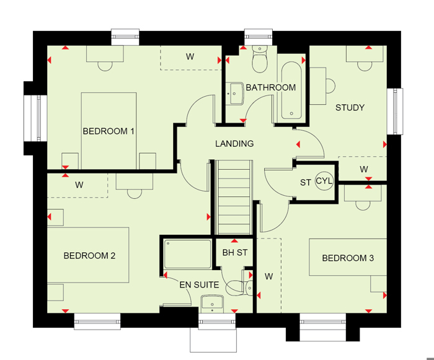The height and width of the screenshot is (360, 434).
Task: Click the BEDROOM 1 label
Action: [108, 131]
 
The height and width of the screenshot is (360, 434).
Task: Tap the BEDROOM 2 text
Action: [89, 256]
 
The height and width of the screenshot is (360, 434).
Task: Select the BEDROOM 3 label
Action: [348, 258]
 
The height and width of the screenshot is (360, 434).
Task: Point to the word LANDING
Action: [234, 144]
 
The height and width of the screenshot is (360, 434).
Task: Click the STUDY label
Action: [350, 107]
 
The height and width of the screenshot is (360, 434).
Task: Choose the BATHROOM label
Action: [271, 87]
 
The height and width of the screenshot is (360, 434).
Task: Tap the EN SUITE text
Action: [199, 285]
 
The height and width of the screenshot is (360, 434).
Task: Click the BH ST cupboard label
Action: [235, 252]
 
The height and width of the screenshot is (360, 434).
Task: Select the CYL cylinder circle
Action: [324, 182]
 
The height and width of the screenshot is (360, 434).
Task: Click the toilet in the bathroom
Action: [260, 59]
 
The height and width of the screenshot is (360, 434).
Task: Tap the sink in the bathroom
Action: [235, 94]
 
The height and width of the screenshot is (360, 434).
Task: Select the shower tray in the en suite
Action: [187, 254]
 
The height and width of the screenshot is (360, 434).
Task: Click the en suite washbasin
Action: [212, 304]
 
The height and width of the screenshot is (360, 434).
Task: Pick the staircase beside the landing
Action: [234, 197]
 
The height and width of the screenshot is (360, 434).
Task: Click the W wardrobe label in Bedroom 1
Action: [190, 57]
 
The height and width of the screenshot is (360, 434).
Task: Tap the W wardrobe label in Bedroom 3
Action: [268, 276]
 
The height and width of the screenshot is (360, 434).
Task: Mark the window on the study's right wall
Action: [394, 112]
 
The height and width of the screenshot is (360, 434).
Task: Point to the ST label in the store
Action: [306, 183]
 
